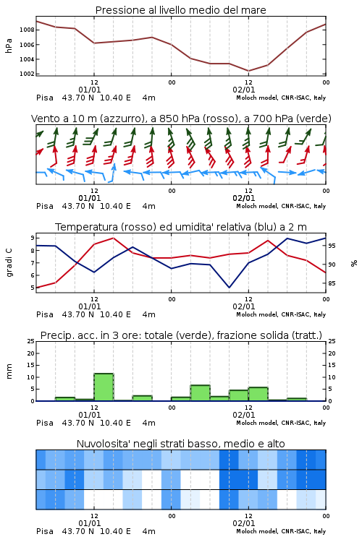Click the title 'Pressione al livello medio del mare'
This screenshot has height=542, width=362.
pos(180,10)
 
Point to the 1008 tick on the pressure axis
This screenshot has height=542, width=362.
pos(27,30)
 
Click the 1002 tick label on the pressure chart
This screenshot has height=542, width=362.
pos(27,74)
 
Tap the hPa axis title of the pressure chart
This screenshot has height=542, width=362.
pos(9,46)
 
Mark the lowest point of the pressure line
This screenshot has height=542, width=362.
pos(248,71)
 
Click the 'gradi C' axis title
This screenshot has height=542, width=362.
pos(9,263)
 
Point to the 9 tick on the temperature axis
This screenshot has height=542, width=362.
pos(33,238)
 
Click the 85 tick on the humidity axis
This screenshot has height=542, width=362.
pos(332,283)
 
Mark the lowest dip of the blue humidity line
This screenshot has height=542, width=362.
pos(229,287)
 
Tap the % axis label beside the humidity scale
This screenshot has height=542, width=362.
pos(354,263)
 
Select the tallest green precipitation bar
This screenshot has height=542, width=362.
pos(104,387)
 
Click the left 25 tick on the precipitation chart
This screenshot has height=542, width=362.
pos(31,341)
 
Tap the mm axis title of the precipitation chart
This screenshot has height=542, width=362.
pos(9,371)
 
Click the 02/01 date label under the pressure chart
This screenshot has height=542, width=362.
pos(244,90)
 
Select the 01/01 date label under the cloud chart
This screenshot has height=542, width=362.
pos(90,523)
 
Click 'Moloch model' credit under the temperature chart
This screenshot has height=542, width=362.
pos(257,314)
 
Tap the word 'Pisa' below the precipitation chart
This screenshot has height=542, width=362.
pos(45,423)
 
